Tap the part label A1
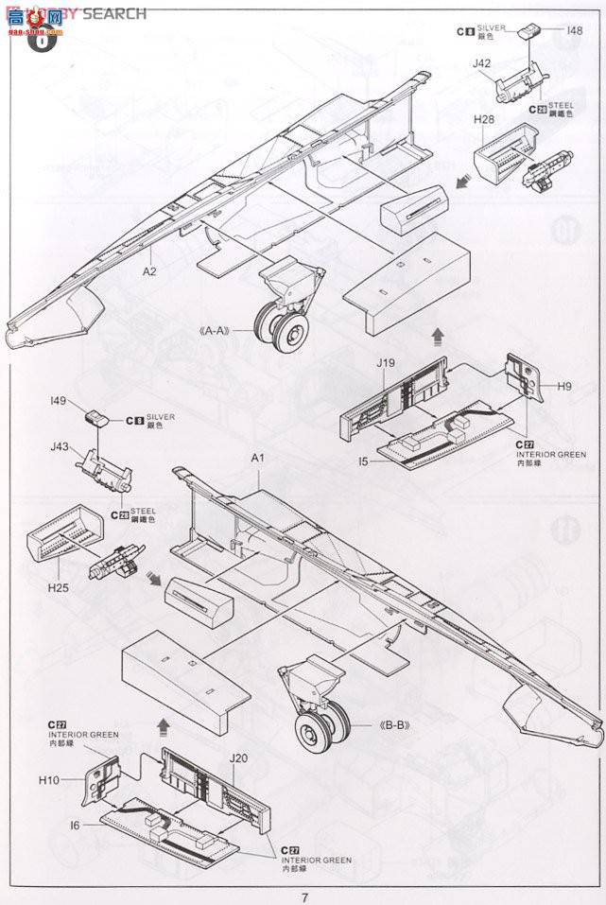click(255, 459)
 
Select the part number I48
click(574, 31)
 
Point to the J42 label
click(481, 63)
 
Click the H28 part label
click(485, 121)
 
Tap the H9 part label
click(564, 387)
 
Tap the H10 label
click(50, 780)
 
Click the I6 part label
click(75, 826)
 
